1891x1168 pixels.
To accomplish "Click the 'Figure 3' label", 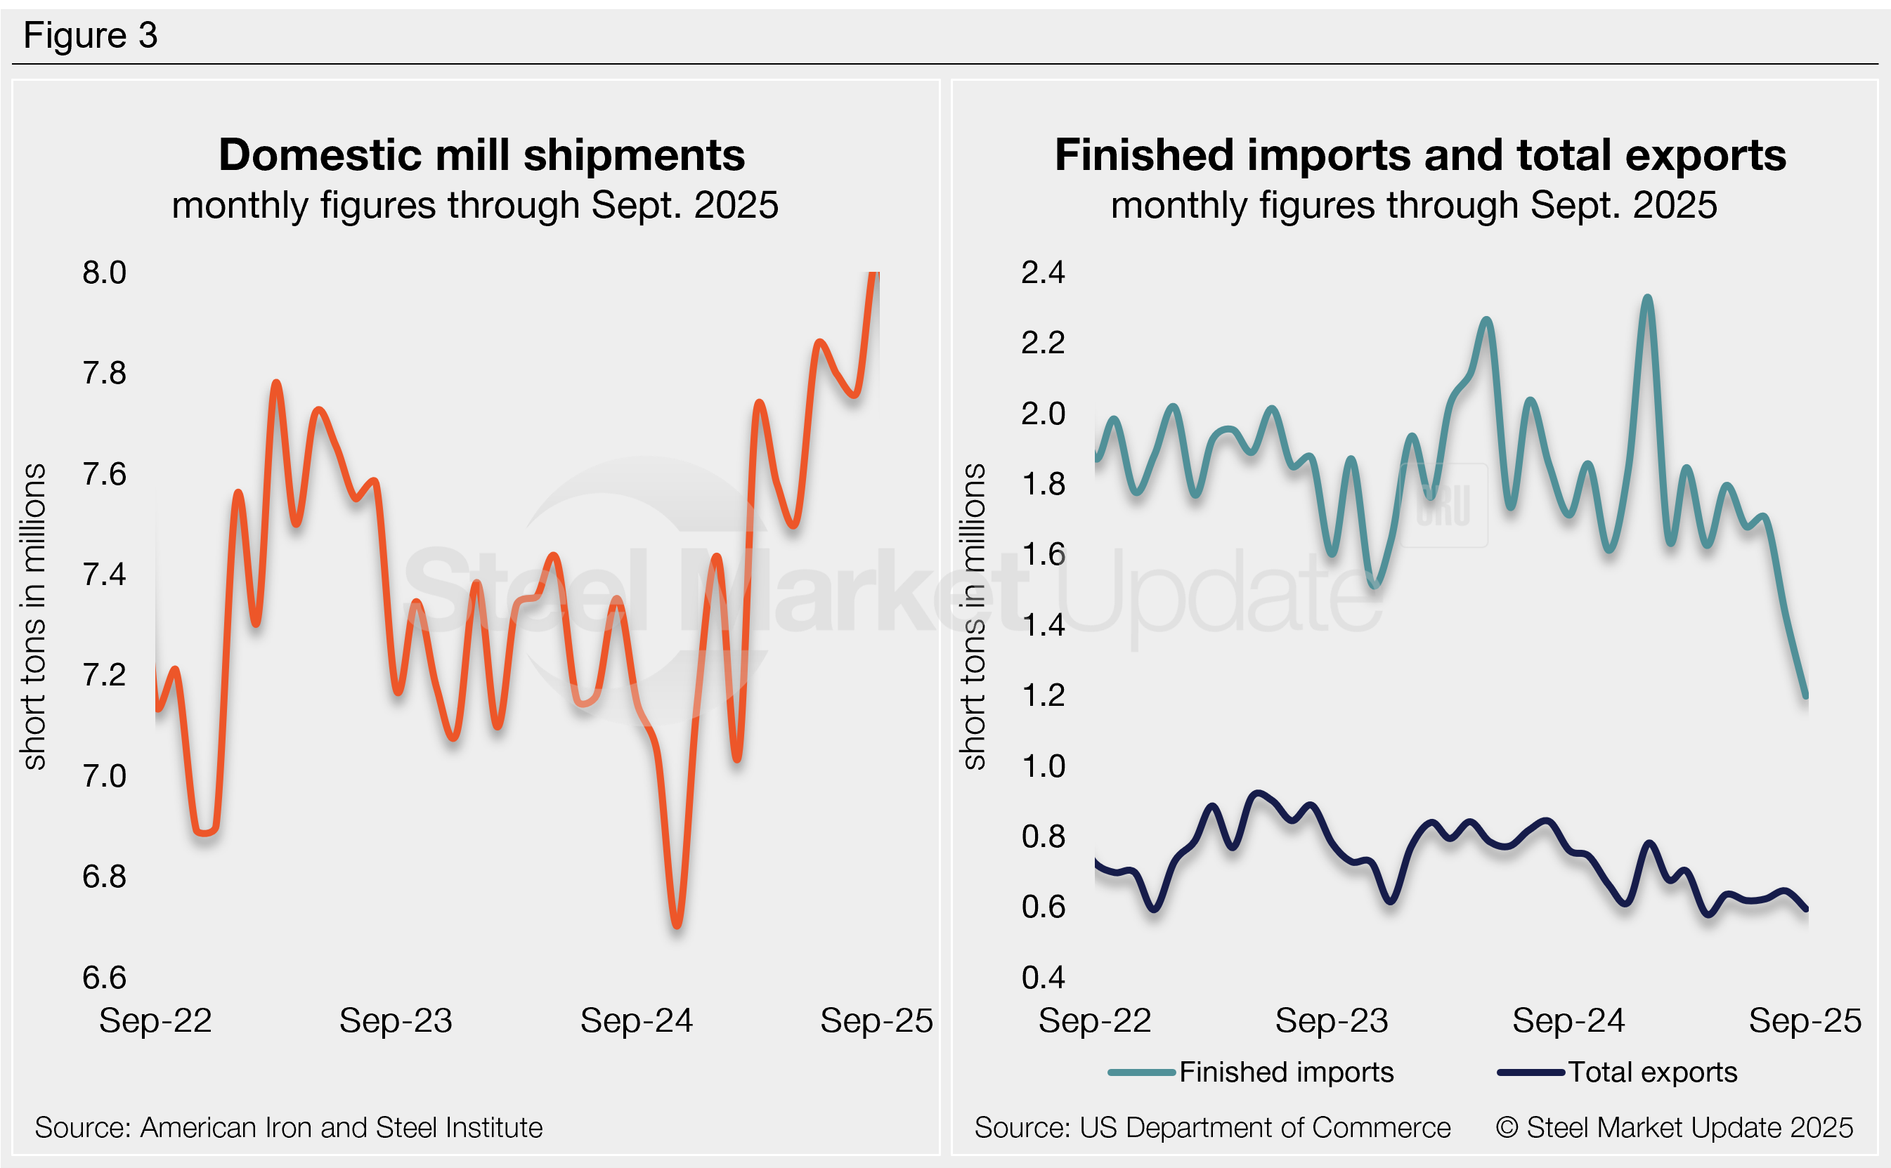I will tap(91, 36).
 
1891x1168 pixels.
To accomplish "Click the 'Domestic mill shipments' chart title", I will tap(481, 155).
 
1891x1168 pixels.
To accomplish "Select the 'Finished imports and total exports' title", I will tap(1419, 155).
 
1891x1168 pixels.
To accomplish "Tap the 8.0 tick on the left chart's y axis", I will tap(104, 273).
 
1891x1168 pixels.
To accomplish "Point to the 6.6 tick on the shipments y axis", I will tap(104, 977).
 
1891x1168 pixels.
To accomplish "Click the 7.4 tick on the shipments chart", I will tap(104, 575).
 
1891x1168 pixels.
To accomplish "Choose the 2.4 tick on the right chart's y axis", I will tap(1043, 273).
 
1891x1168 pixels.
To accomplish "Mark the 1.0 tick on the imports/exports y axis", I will tap(1043, 766).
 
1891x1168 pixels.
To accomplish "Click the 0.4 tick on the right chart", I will tap(1043, 977).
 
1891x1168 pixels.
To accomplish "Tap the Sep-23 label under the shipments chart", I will tap(396, 1021).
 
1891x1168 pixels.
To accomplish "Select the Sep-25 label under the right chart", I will tap(1805, 1021).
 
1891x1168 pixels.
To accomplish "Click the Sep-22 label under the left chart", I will tap(155, 1021).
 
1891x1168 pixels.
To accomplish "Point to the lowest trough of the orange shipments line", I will tap(677, 925).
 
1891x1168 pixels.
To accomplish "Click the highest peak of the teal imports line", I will tap(1648, 298).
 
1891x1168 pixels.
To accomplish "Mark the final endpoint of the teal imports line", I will tap(1806, 696).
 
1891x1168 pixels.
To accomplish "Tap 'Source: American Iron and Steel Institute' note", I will tap(288, 1128).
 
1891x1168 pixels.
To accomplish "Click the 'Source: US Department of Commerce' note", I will tap(1211, 1128).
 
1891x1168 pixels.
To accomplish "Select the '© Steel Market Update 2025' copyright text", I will tap(1674, 1128).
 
